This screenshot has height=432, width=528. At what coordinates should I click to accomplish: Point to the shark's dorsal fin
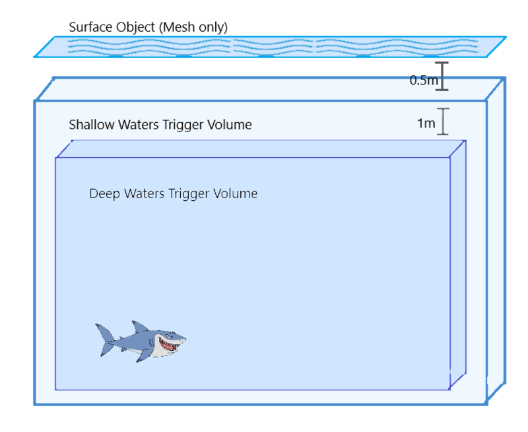coord(139,328)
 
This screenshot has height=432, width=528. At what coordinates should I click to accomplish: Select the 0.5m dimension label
coord(423,81)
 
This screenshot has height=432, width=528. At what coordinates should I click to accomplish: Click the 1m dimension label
coord(426,124)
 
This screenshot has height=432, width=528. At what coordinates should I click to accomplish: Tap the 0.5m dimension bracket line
coord(443,75)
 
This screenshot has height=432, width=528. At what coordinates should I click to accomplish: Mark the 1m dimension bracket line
coord(444,121)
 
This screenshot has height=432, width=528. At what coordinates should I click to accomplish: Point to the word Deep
coord(102,194)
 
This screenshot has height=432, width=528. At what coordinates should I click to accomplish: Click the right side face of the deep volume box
coord(458,264)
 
